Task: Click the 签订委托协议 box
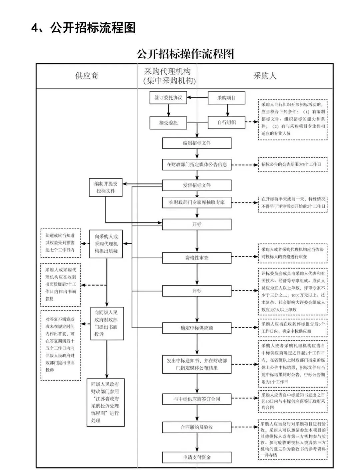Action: (x=168, y=98)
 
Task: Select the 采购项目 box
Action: (x=226, y=98)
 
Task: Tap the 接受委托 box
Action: (x=168, y=123)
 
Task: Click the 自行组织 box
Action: (x=226, y=122)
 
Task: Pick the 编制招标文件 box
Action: (x=197, y=143)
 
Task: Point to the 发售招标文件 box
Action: (x=197, y=185)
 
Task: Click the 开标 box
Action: (x=197, y=224)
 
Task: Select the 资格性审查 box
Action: (x=197, y=258)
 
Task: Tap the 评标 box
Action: (x=197, y=291)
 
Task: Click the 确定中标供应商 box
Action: (x=197, y=328)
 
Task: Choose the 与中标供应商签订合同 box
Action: (x=197, y=399)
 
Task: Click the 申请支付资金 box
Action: (x=197, y=457)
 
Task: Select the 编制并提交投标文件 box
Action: (x=106, y=187)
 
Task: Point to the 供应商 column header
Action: (x=87, y=76)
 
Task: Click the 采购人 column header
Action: (x=265, y=76)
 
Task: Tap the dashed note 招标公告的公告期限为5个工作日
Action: (x=292, y=164)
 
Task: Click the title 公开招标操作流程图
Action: (x=185, y=54)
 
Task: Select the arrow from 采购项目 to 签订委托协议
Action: (x=197, y=98)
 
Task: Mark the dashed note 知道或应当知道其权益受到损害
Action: (x=60, y=243)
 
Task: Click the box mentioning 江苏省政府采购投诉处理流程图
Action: (x=105, y=402)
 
